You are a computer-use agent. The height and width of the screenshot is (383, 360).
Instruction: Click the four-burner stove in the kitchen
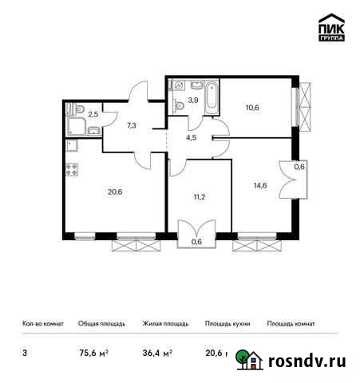click(x=70, y=169)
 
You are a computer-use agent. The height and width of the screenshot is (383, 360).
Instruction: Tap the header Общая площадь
click(x=100, y=324)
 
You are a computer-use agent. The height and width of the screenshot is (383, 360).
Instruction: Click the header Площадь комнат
click(x=291, y=324)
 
